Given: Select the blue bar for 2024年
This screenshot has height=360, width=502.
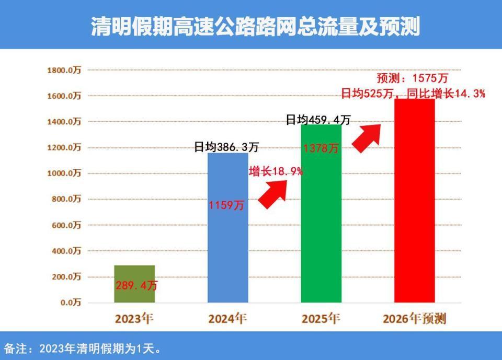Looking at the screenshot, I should (227, 246).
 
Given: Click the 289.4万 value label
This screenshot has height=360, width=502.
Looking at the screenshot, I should (136, 286).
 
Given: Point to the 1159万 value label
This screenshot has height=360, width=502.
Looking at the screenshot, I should (226, 205).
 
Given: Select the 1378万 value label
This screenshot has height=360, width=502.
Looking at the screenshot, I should (321, 148).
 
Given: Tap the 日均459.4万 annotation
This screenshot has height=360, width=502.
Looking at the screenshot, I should (318, 120).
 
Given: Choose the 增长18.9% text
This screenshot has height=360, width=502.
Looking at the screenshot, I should (276, 171).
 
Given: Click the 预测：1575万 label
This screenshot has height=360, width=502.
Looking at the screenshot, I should (413, 78).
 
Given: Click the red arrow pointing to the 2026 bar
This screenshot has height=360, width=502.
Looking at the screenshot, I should (367, 137).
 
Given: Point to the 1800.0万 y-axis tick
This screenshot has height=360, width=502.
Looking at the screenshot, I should (64, 70).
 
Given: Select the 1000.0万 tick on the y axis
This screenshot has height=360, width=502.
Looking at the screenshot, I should (64, 173).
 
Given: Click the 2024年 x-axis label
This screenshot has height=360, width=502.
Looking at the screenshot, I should (227, 318).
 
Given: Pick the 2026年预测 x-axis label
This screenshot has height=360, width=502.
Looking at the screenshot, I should (414, 318).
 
